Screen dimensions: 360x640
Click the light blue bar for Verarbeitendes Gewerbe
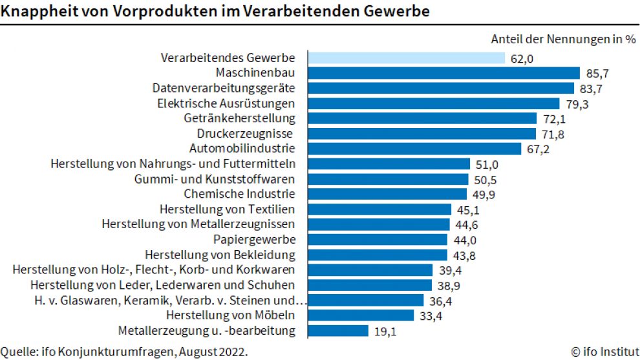click(x=406, y=58)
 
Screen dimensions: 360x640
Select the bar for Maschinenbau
click(x=443, y=73)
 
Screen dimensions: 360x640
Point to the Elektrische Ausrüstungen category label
click(x=226, y=103)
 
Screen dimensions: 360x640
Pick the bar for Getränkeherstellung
click(x=422, y=118)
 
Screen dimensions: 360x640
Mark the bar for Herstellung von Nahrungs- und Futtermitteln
click(x=389, y=164)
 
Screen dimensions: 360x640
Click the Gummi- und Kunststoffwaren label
click(x=215, y=179)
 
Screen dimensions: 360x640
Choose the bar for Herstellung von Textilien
click(x=379, y=209)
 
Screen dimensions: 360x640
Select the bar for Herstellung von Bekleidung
click(x=378, y=255)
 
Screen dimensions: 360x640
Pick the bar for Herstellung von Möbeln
click(x=361, y=315)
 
